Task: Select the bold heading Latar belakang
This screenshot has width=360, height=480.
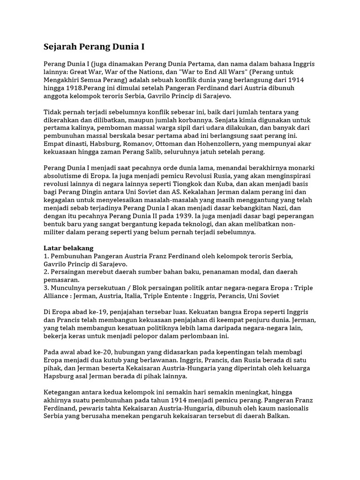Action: (68, 248)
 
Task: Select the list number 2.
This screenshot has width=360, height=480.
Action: (46, 272)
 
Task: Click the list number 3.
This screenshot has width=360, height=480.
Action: (46, 288)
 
